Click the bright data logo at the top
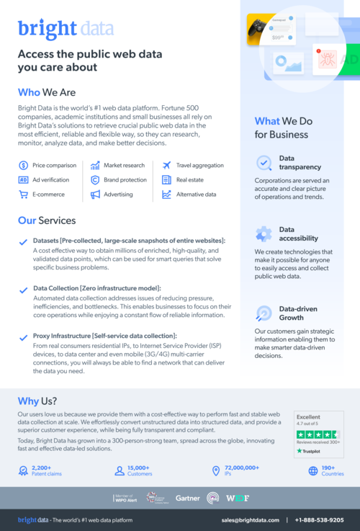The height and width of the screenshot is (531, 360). tap(66, 28)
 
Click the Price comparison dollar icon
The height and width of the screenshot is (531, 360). tap(23, 165)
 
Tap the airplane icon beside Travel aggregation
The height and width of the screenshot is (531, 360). tap(166, 165)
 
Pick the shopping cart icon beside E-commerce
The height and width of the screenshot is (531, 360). tap(23, 195)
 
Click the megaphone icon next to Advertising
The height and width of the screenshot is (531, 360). tap(95, 195)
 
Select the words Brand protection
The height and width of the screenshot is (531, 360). tap(125, 180)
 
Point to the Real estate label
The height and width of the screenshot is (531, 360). tap(191, 180)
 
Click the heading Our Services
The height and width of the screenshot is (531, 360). tap(47, 220)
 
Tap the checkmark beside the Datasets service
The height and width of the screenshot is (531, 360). tap(23, 242)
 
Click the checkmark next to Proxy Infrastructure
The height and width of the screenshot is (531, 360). tap(23, 336)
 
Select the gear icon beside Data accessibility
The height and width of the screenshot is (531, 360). tap(264, 233)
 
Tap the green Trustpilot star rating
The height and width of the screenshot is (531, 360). tap(318, 434)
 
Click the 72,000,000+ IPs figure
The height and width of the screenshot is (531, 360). tap(241, 468)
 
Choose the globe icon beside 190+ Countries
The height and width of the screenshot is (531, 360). tap(313, 471)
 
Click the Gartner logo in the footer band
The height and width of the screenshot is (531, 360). tap(187, 498)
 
